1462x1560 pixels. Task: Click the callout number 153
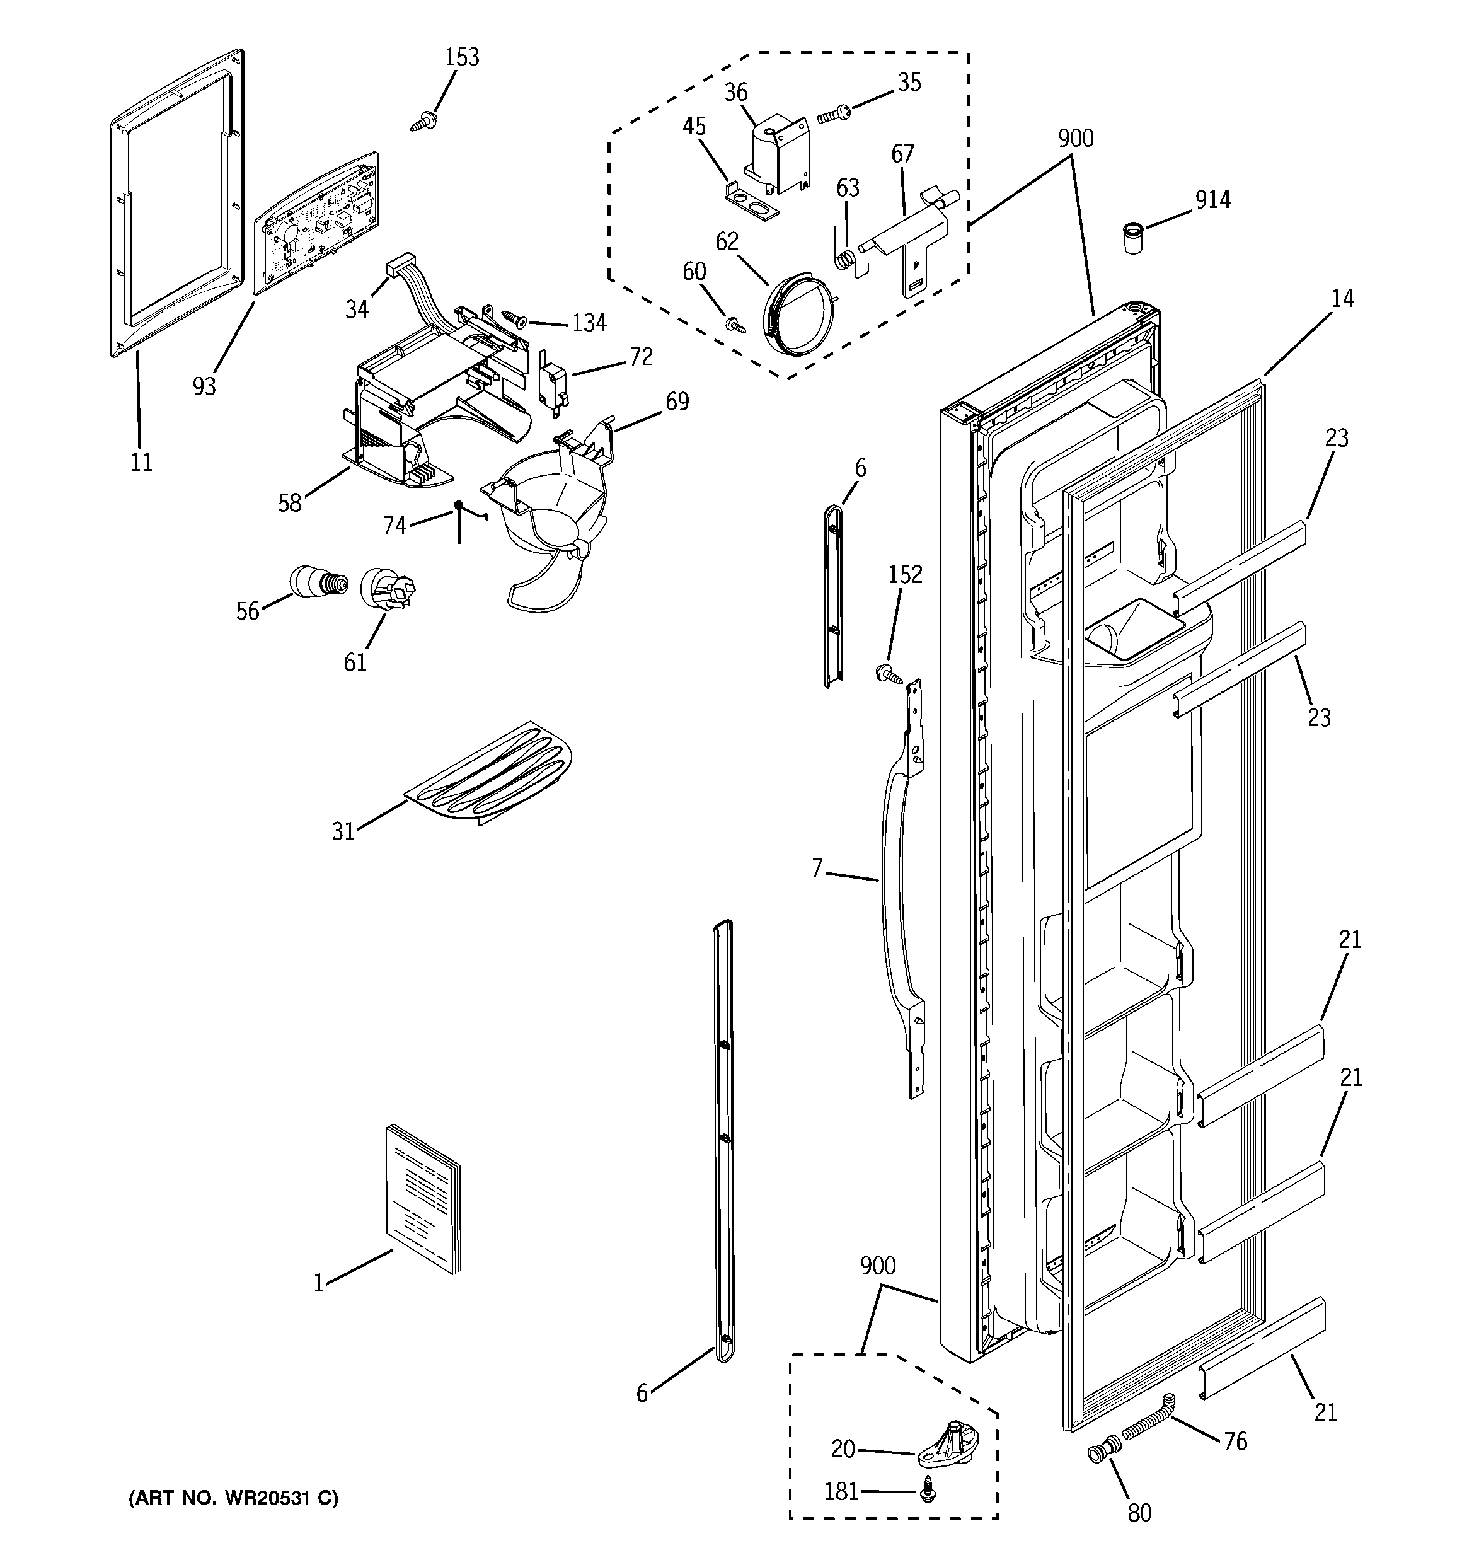461,57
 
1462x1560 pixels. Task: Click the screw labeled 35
832,115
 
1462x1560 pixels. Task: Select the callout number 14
1342,299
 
